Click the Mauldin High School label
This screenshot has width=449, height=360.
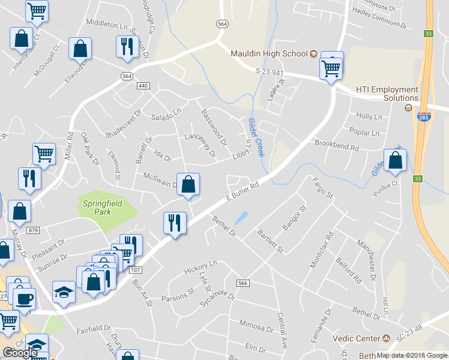click(270, 53)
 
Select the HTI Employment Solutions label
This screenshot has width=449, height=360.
click(387, 94)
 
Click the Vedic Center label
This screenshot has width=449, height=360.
click(356, 338)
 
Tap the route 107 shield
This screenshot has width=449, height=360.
click(136, 269)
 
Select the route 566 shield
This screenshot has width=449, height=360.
click(243, 283)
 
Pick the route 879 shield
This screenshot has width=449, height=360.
click(33, 230)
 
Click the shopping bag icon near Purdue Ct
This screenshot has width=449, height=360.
click(395, 161)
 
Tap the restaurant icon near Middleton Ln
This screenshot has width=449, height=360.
click(127, 47)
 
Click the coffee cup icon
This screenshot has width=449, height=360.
click(25, 299)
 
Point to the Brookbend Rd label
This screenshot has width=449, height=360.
click(337, 145)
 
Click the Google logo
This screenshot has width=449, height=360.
click(20, 353)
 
